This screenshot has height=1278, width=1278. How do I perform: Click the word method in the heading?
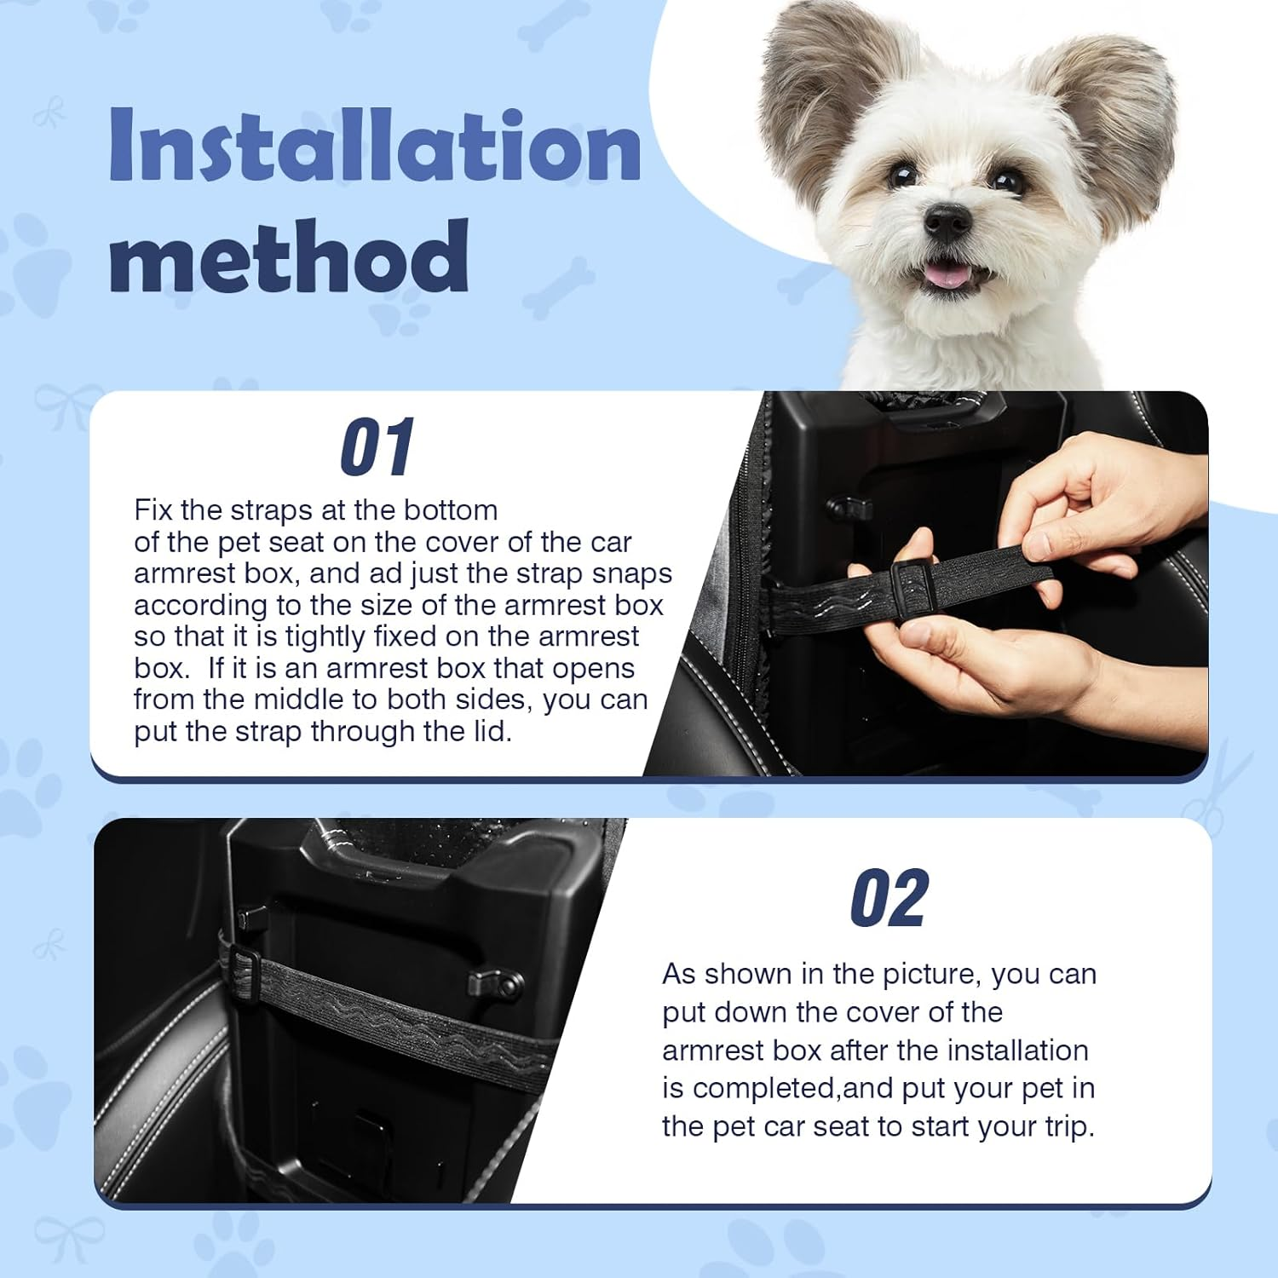290,256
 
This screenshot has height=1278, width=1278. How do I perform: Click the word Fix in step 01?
153,510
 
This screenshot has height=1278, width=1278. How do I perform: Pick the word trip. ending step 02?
1069,1127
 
